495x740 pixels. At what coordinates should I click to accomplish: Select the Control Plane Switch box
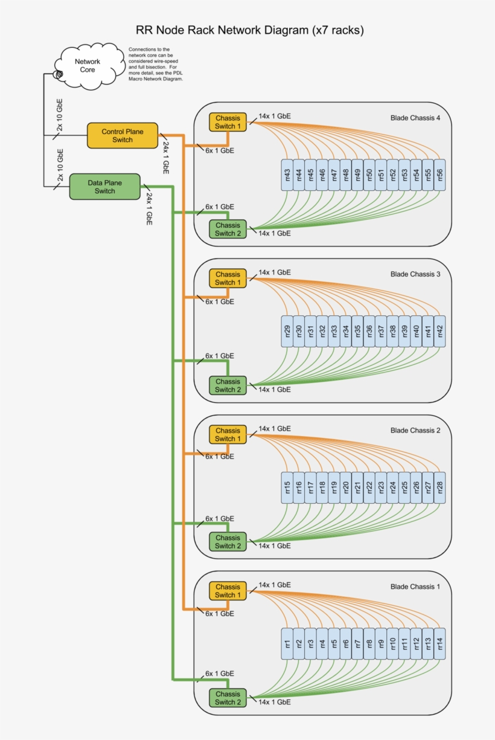[x=123, y=135]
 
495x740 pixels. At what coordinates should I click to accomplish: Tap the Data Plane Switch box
[x=104, y=187]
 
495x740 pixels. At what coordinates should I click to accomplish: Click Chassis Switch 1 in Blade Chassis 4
[x=228, y=122]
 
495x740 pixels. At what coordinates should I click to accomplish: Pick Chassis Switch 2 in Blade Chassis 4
[x=228, y=229]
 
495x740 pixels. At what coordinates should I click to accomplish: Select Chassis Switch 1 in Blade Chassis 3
[x=228, y=278]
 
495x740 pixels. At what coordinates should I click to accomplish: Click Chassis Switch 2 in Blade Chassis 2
[x=228, y=542]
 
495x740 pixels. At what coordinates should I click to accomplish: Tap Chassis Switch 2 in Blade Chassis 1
[x=228, y=698]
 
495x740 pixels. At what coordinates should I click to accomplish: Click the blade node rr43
[x=287, y=175]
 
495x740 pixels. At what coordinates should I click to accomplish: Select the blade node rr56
[x=439, y=175]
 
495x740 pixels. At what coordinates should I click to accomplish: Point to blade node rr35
[x=357, y=331]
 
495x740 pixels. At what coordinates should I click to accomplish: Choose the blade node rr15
[x=287, y=487]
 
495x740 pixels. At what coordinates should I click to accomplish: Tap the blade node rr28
[x=439, y=487]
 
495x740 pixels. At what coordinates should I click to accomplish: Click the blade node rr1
[x=287, y=643]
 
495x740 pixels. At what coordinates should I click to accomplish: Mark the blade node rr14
[x=439, y=643]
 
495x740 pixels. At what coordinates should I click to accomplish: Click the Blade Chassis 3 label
[x=415, y=274]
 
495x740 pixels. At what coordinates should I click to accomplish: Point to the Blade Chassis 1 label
[x=415, y=587]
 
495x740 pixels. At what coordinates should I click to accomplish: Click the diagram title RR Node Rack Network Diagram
[x=249, y=30]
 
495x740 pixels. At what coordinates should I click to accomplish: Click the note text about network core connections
[x=155, y=64]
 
